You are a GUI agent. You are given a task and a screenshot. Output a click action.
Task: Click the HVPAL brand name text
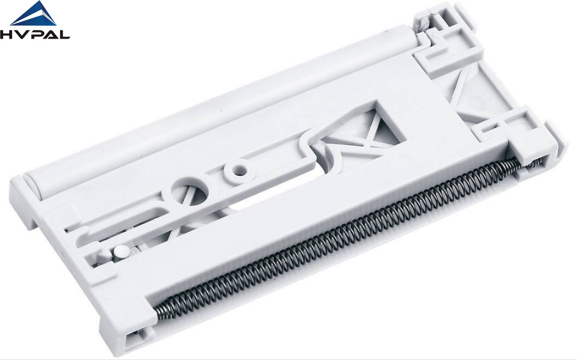point(34,34)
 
